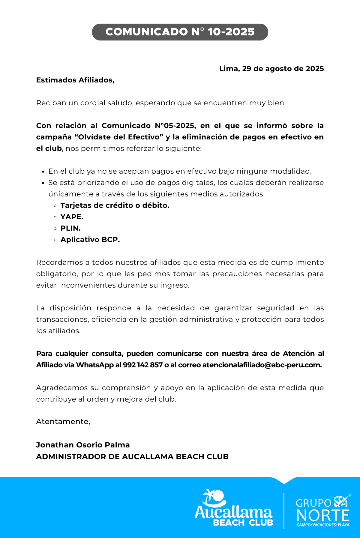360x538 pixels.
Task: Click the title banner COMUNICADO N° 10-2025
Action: coord(180,32)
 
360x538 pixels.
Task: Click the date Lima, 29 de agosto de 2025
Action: coord(271,69)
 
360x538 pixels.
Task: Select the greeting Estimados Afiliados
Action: coord(75,80)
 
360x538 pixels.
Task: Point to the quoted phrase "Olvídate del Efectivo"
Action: coord(118,137)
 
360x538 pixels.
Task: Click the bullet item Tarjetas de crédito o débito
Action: coord(115,205)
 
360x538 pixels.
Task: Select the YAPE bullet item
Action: coord(72,217)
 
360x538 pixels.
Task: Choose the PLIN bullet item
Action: coord(70,228)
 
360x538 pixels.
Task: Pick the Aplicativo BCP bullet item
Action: coord(90,240)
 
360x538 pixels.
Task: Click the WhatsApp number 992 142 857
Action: coord(143,365)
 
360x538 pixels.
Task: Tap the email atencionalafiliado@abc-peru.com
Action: coord(262,365)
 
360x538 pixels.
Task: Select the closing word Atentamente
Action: coord(63,422)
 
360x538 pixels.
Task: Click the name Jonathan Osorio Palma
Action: coord(83,445)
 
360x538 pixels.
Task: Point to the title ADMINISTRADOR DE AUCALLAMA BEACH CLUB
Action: coord(132,457)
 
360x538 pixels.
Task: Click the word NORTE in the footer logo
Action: coord(323,516)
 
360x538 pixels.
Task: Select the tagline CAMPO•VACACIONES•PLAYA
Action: coord(323,525)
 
